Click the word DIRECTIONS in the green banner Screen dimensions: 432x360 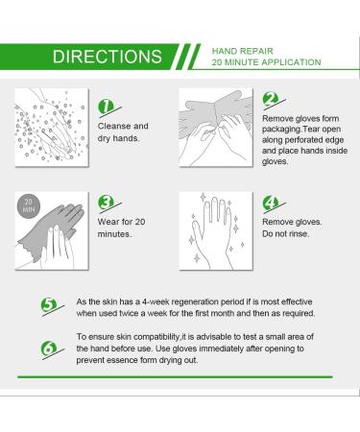108,57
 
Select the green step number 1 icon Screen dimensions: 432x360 108,108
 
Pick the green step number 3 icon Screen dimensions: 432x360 108,203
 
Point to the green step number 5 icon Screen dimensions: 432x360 49,306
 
